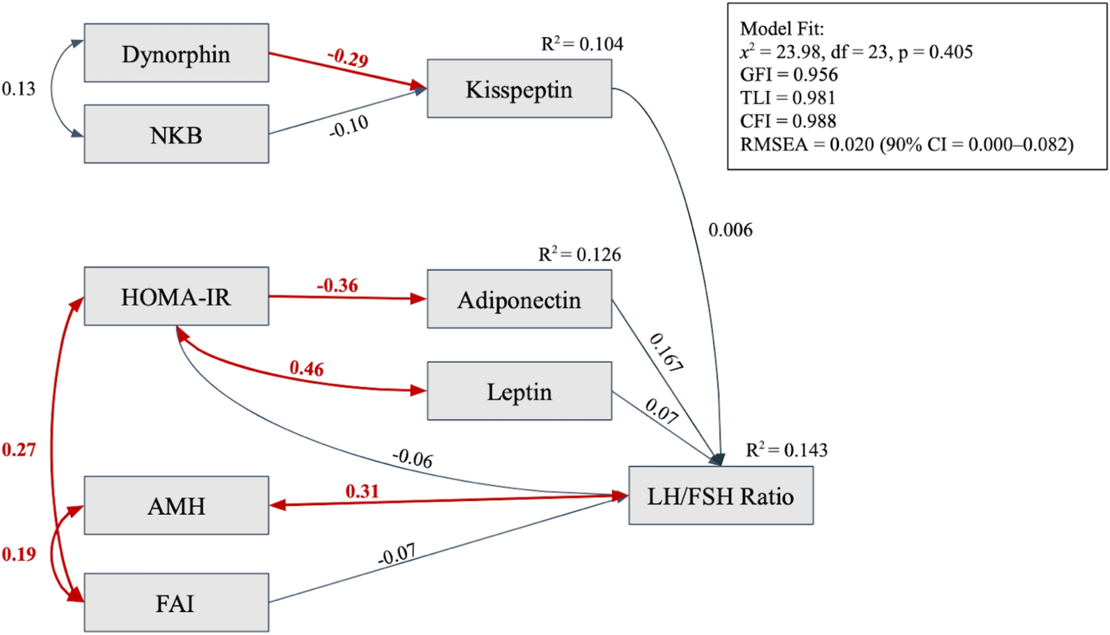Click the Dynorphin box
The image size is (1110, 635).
176,53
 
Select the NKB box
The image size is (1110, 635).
176,134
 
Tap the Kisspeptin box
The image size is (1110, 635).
519,89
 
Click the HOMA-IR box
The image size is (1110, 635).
176,297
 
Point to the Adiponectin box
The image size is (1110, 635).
519,300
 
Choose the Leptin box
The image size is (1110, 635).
519,391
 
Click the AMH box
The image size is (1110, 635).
176,505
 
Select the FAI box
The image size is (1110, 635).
176,602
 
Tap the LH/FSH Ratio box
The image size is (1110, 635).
721,496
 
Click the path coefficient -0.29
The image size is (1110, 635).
348,58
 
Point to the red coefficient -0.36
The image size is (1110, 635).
337,286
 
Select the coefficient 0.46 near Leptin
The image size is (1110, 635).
307,369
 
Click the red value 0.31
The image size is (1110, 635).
362,491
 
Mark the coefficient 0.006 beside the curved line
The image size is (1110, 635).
730,230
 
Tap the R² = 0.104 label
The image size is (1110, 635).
582,44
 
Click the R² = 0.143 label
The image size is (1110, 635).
786,449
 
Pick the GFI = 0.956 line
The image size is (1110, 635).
789,75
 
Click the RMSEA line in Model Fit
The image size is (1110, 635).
906,145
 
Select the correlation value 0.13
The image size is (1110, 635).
18,89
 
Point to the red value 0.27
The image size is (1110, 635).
18,449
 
